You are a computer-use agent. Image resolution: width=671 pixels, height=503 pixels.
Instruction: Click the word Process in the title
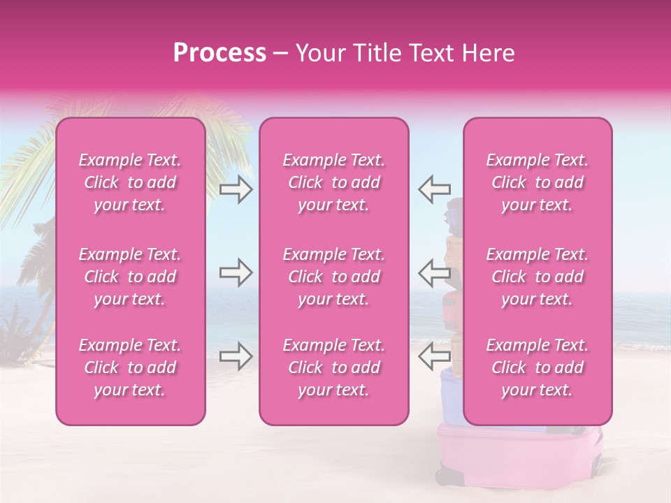click(x=219, y=53)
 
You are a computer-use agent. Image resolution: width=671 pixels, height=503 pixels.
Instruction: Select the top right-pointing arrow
click(x=236, y=189)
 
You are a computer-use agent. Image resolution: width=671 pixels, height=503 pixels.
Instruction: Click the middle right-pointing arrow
click(x=236, y=272)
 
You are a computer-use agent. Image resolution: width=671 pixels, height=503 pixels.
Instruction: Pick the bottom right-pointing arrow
click(x=236, y=356)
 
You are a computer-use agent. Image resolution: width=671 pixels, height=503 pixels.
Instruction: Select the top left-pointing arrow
click(x=435, y=189)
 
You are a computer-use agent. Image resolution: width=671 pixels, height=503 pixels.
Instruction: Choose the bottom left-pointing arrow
click(x=435, y=356)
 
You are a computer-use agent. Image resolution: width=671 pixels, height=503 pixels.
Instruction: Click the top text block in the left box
click(x=130, y=182)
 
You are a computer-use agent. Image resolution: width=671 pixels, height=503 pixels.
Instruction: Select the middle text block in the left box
click(x=130, y=277)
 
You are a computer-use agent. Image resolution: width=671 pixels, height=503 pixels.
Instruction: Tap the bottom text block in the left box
click(x=130, y=367)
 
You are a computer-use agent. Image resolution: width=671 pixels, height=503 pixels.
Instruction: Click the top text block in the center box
click(x=334, y=182)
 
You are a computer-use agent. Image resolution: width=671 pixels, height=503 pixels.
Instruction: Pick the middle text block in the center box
click(x=334, y=277)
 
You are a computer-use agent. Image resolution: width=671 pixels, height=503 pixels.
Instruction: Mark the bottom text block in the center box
click(x=334, y=367)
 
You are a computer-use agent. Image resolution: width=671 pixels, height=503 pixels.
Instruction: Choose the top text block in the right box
click(x=537, y=182)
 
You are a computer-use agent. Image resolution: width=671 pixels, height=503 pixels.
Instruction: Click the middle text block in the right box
click(x=537, y=277)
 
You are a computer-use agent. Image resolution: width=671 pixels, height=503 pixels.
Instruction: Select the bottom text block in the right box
click(x=537, y=367)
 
